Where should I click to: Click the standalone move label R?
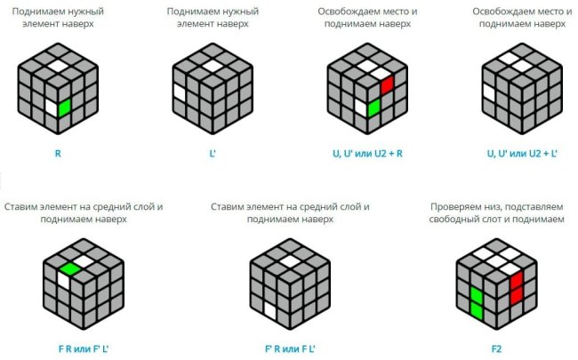pyautogui.click(x=58, y=153)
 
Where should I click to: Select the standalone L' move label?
pyautogui.click(x=213, y=153)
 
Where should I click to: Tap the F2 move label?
pyautogui.click(x=496, y=349)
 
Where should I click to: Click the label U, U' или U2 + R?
pyautogui.click(x=367, y=153)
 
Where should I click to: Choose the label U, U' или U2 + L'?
pyautogui.click(x=522, y=153)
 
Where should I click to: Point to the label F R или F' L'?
pyautogui.click(x=84, y=349)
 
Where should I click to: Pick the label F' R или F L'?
pyautogui.click(x=290, y=349)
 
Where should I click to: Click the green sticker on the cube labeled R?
pyautogui.click(x=65, y=108)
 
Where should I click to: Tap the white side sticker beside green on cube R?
pyautogui.click(x=52, y=108)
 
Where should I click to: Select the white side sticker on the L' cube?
pyautogui.click(x=180, y=92)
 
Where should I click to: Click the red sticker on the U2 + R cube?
pyautogui.click(x=388, y=84)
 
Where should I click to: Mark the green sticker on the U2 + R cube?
pyautogui.click(x=374, y=108)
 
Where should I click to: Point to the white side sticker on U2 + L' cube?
pyautogui.click(x=490, y=92)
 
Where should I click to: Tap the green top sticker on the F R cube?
pyautogui.click(x=70, y=269)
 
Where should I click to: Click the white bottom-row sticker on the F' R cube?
pyautogui.click(x=270, y=310)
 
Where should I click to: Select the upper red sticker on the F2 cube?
pyautogui.click(x=517, y=280)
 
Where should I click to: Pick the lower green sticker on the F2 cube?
pyautogui.click(x=477, y=310)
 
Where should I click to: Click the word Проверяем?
pyautogui.click(x=452, y=207)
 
